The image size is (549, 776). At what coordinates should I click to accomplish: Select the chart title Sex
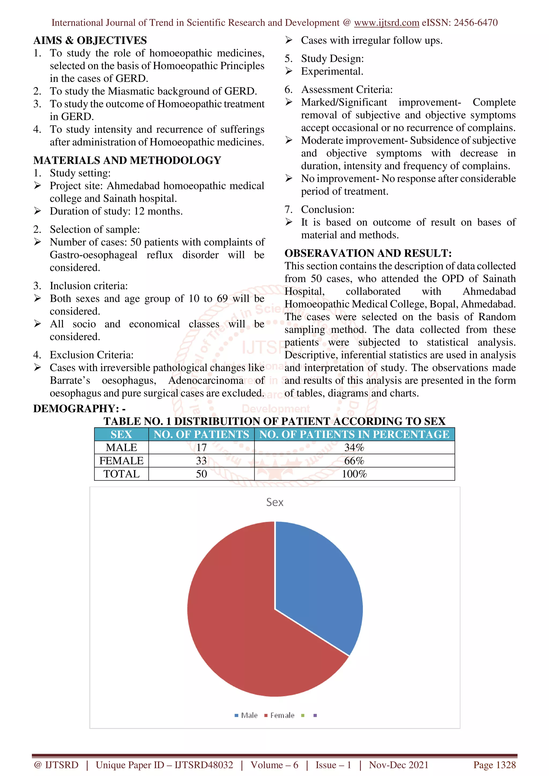click(x=274, y=502)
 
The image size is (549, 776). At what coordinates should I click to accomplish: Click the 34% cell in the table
click(x=354, y=447)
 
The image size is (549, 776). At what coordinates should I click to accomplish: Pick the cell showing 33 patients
click(x=201, y=461)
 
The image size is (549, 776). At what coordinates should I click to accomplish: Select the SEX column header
click(x=121, y=434)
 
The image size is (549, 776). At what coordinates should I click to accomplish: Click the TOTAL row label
click(x=121, y=474)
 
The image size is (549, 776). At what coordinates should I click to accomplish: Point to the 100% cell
click(x=354, y=474)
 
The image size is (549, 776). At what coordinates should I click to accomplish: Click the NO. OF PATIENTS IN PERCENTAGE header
click(x=354, y=434)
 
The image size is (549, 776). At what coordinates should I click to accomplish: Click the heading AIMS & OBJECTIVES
click(x=90, y=40)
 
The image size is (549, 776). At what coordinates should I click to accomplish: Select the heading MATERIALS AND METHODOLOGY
click(x=127, y=160)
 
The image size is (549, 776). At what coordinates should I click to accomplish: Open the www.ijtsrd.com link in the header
click(x=386, y=23)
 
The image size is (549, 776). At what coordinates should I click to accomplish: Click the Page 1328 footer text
click(x=494, y=765)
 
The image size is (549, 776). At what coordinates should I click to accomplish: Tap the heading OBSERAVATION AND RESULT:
click(x=368, y=253)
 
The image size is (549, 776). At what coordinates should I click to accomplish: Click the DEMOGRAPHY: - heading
click(x=79, y=409)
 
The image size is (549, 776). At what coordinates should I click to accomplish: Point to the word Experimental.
click(x=332, y=71)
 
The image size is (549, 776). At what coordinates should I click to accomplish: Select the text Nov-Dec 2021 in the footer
click(x=398, y=765)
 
